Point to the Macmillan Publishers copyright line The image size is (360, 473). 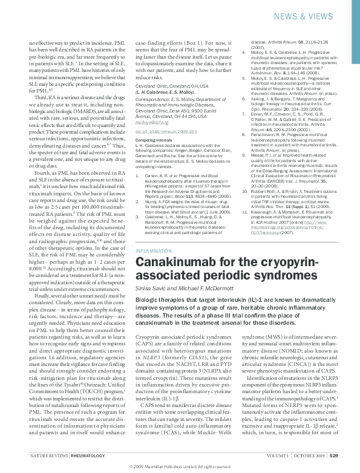click(x=180, y=467)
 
